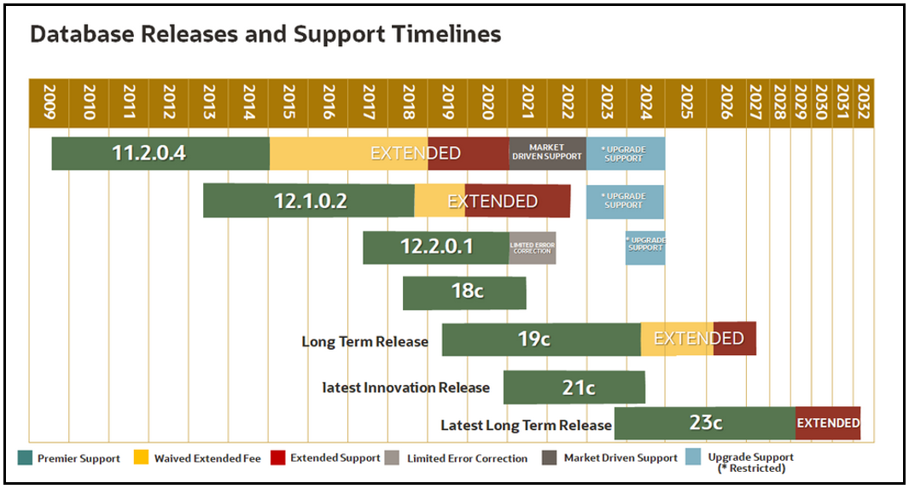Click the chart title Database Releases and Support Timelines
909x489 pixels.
265,34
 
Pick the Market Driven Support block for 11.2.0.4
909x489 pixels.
546,154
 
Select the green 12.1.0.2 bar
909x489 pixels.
309,201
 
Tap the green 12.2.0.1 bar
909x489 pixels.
435,247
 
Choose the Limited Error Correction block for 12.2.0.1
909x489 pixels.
532,247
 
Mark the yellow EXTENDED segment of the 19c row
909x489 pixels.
676,339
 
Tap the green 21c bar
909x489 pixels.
574,387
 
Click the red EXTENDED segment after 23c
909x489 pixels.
827,423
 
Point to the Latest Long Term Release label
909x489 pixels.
526,425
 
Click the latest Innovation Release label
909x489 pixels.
406,387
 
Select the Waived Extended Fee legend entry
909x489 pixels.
198,458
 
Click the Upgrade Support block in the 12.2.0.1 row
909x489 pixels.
644,247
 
